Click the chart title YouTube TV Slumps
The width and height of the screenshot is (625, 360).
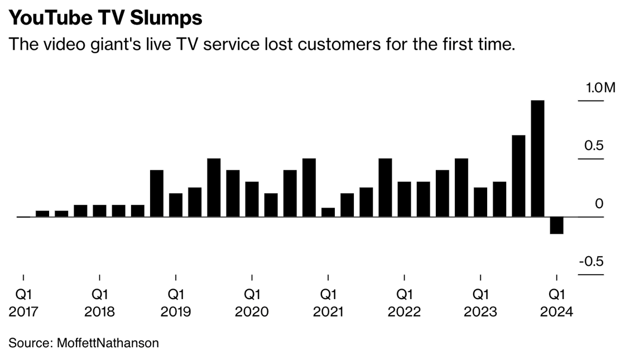pos(105,18)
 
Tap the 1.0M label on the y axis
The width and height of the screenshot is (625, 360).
pos(600,88)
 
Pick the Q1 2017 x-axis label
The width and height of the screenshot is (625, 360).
pos(23,302)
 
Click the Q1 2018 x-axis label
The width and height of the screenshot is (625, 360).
pos(99,302)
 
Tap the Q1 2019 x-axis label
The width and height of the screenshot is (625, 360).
pos(176,302)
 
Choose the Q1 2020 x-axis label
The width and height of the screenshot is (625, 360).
pos(252,302)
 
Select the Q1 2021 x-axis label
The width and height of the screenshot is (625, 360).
pos(328,302)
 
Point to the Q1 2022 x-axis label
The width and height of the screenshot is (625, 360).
pos(404,302)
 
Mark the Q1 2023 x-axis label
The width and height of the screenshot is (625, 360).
pos(480,302)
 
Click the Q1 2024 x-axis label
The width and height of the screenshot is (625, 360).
pos(556,302)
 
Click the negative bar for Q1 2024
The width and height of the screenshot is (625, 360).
pos(556,225)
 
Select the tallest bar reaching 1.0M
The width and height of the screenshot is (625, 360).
pos(537,159)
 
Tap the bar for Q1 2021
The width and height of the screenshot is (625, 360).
pos(328,212)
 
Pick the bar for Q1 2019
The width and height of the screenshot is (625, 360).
pos(176,205)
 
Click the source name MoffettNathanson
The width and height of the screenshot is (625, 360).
pos(108,343)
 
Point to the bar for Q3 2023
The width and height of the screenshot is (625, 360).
pos(518,176)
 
